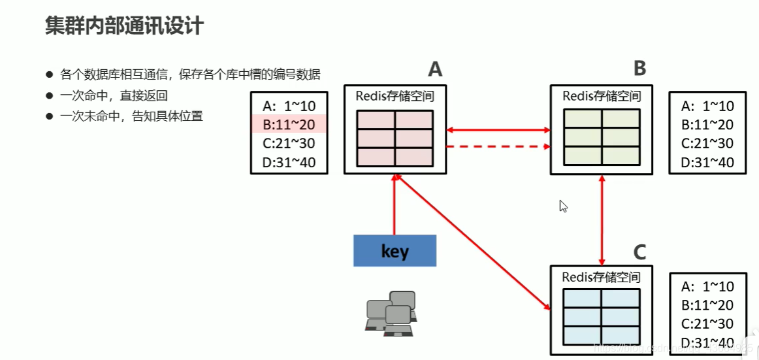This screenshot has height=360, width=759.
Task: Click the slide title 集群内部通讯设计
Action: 124,25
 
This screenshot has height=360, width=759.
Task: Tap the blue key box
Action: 395,250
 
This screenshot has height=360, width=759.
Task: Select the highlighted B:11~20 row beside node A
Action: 289,124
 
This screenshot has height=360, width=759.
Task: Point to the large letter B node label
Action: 639,67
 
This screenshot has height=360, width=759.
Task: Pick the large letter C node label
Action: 639,252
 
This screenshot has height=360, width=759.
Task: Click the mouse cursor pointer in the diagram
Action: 563,206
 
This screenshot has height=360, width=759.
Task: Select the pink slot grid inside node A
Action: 395,138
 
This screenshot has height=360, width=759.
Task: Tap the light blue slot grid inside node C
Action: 601,316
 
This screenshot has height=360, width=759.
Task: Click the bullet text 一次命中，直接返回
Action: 114,95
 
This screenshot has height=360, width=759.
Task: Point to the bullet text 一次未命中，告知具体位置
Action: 131,116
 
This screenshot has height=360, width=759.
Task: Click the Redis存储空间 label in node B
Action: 601,96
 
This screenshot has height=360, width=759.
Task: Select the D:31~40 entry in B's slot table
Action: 707,162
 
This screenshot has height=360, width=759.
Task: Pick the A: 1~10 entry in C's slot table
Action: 707,286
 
